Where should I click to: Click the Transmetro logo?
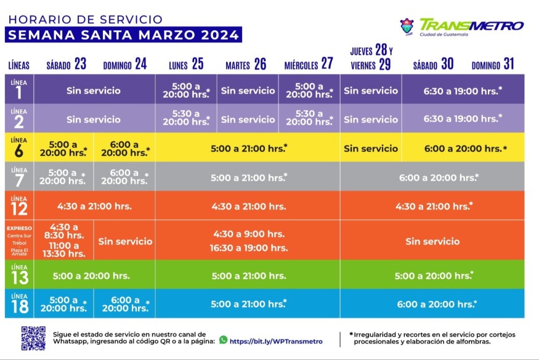[x=462, y=27]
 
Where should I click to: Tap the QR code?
[x=33, y=338]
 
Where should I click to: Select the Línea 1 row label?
[x=19, y=89]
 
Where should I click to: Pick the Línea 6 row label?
[x=19, y=148]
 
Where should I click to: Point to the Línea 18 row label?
[x=19, y=303]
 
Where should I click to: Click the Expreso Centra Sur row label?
[x=19, y=240]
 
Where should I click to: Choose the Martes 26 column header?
[x=246, y=64]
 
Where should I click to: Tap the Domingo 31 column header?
[x=493, y=64]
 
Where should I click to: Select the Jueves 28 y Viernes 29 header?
[x=371, y=57]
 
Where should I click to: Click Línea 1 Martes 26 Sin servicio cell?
[x=248, y=91]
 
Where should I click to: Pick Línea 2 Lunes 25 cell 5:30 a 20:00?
[x=185, y=118]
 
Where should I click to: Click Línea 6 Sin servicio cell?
[x=371, y=149]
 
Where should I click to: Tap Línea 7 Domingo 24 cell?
[x=124, y=177]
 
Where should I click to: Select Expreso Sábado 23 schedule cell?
[x=64, y=240]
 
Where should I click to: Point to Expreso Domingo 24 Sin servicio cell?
[x=124, y=241]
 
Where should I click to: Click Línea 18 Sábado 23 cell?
[x=64, y=304]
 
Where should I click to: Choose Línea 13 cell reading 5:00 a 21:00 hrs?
[x=248, y=276]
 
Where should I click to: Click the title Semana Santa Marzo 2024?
[x=123, y=35]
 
